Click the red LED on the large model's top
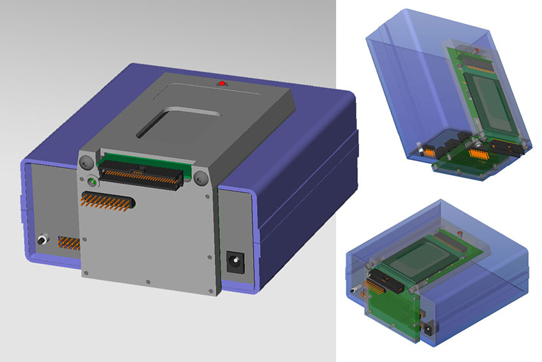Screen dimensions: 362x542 point(222,83)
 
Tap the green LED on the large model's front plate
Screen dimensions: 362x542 point(93,182)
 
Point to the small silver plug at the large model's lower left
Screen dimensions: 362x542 point(44,240)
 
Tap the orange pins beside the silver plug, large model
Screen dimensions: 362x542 point(69,243)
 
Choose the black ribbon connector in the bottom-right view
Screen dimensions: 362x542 point(386,280)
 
